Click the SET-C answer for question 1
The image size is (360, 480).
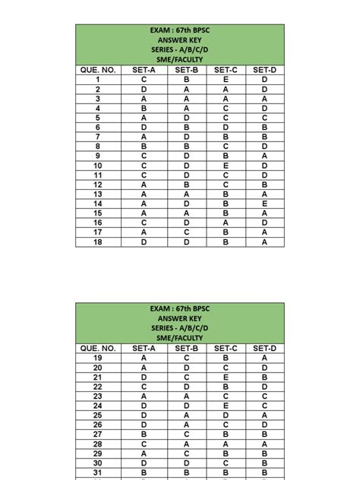pos(226,79)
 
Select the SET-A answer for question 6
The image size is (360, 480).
pos(144,127)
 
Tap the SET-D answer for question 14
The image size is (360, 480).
pos(264,204)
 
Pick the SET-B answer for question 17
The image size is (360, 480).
pos(186,232)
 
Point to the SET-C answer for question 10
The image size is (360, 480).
pos(226,165)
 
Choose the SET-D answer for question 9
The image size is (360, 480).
pos(264,156)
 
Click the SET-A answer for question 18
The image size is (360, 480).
pos(144,242)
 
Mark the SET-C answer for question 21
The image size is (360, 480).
pos(226,377)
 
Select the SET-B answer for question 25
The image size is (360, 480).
pos(186,415)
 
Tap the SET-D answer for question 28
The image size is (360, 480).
pos(264,444)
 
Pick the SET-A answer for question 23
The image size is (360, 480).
pos(144,396)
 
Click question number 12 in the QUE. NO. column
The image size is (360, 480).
pos(98,185)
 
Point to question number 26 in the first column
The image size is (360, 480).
pos(98,425)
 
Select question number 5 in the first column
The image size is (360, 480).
pos(98,117)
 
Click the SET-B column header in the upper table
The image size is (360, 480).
pos(186,70)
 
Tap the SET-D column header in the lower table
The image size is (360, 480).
pos(264,348)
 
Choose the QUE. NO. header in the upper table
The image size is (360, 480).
pos(98,70)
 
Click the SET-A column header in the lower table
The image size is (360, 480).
pos(144,348)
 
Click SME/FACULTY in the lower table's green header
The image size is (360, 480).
pos(180,338)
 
